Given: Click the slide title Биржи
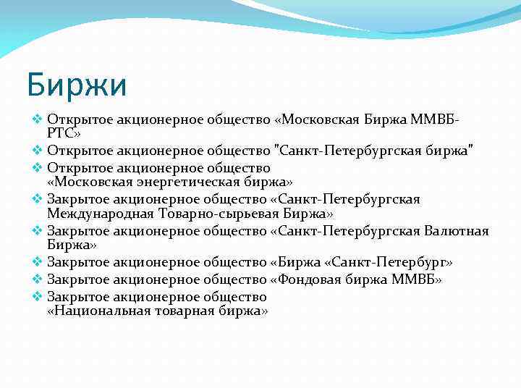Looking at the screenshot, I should tap(76, 85).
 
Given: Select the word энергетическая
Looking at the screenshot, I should tap(191, 182).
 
